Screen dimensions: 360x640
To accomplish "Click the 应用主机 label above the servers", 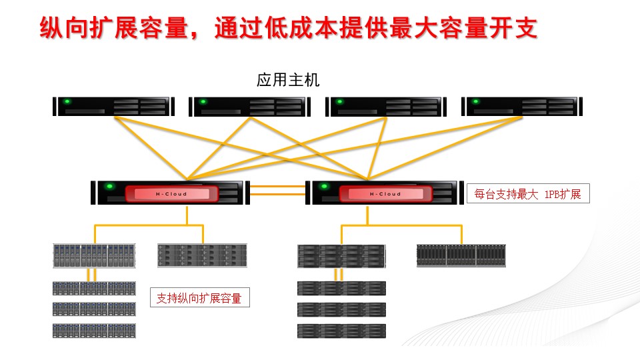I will (x=288, y=81).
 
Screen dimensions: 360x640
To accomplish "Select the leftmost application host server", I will (x=114, y=107).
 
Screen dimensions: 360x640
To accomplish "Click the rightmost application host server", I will (x=522, y=107).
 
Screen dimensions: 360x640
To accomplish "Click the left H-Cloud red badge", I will (x=171, y=194).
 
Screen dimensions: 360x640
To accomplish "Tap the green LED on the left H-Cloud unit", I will (x=109, y=186).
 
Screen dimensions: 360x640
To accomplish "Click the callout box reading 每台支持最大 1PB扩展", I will (x=528, y=195).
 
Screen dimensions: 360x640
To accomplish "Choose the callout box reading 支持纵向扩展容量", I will (x=199, y=298).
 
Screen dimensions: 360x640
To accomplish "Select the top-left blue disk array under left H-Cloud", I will (x=94, y=255).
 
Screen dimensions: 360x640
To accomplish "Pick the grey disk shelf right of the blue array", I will (x=202, y=255).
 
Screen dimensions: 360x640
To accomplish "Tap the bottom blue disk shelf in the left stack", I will (x=94, y=330).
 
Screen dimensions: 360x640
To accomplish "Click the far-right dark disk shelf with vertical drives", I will (x=461, y=255).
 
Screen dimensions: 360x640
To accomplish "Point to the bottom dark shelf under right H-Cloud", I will (x=341, y=330).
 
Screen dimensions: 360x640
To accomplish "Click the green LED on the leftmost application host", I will (x=67, y=102).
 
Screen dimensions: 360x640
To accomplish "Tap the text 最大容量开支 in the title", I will (x=470, y=28).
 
